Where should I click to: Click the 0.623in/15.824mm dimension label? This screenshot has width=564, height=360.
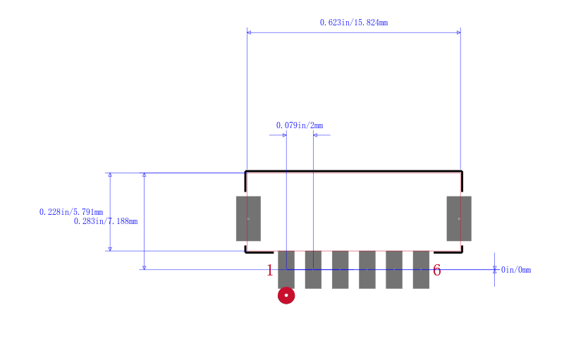[x=354, y=23]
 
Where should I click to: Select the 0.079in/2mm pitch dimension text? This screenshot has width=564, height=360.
[x=300, y=125]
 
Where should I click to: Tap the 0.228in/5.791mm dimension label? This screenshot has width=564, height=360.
[x=71, y=212]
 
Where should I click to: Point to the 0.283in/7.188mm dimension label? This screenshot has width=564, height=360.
[x=106, y=221]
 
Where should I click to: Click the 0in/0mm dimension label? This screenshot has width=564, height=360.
[x=516, y=270]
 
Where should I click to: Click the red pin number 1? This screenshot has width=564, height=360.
[x=270, y=271]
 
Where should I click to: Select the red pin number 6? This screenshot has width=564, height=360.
[x=436, y=271]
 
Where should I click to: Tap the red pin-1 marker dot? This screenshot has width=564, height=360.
[x=286, y=295]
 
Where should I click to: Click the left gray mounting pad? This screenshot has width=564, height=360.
[x=249, y=218]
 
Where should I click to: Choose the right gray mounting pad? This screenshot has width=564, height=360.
[x=459, y=218]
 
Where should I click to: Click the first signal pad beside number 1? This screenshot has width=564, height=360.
[x=286, y=269]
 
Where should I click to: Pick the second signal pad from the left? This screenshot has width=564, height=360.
[x=313, y=269]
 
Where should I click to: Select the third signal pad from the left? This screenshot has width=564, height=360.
[x=341, y=269]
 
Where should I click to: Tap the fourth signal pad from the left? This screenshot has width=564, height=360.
[x=367, y=269]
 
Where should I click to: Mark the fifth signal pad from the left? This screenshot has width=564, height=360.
[x=394, y=269]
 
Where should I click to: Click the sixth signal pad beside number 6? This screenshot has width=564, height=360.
[x=421, y=269]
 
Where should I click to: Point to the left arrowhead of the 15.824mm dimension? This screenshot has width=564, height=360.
[x=249, y=32]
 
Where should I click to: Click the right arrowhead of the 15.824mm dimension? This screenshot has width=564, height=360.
[x=459, y=32]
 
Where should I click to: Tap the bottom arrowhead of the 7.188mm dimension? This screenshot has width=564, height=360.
[x=145, y=267]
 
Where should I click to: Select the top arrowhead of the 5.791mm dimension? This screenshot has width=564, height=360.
[x=110, y=175]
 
